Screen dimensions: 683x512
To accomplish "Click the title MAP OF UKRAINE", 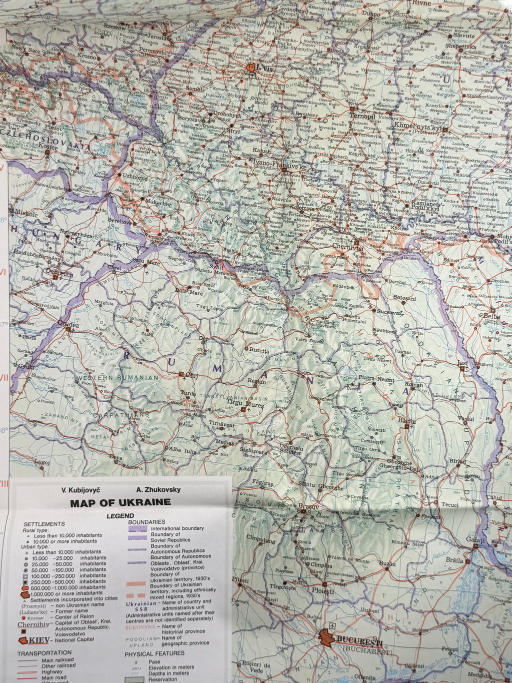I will tap(120, 503).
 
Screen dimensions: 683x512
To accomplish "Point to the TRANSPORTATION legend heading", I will tap(44, 653).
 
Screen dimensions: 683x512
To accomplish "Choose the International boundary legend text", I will tap(177, 528).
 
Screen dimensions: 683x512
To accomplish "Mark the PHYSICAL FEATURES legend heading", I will tap(154, 653).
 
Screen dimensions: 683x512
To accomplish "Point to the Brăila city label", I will tap(454, 560).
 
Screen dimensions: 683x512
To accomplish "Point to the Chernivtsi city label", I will tap(347, 247).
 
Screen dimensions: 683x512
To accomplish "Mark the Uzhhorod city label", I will tap(135, 177).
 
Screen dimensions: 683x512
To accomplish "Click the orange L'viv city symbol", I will tap(251, 67).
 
